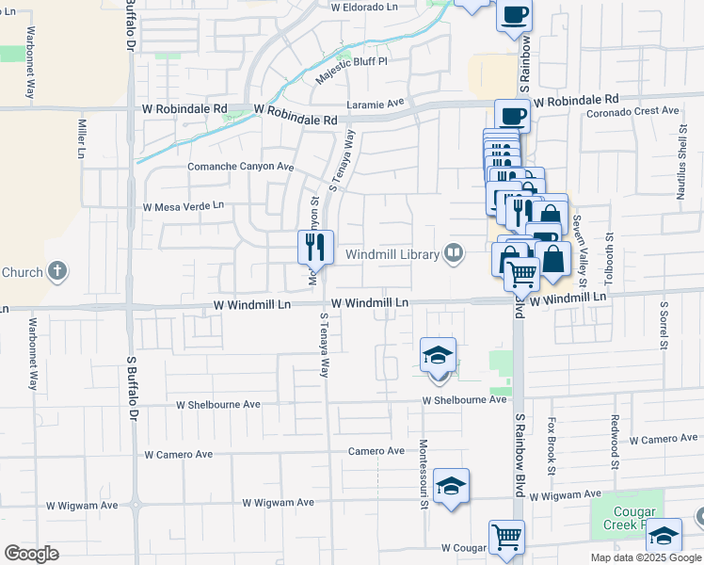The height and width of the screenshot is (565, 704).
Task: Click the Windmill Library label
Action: pos(392,254)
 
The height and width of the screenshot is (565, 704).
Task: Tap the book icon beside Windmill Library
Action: pos(455,251)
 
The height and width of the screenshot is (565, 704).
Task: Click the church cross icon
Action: pos(57,272)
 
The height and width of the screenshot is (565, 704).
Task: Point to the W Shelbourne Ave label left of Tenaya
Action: pos(218,404)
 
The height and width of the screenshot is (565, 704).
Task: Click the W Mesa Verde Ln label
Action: pos(184,205)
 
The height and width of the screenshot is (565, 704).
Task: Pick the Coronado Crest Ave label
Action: pos(632,110)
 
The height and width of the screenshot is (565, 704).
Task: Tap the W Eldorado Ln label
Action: pos(365,6)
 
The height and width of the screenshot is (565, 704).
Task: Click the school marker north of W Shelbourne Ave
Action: pos(439,356)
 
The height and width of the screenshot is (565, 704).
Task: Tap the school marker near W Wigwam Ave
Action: pos(452,486)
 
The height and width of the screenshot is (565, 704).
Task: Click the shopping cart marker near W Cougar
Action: pos(506,538)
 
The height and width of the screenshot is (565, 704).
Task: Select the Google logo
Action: pos(31,554)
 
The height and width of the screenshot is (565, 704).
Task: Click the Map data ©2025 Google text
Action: pos(646,557)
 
